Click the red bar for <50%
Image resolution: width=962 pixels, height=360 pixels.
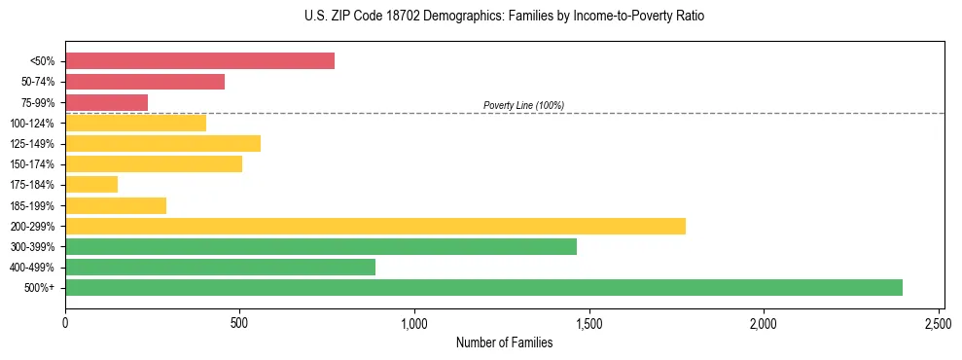(x=199, y=61)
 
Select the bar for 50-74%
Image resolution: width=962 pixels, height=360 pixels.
(x=145, y=82)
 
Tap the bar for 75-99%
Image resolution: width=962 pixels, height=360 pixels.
(x=106, y=102)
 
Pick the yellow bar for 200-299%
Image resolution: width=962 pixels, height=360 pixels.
(x=375, y=226)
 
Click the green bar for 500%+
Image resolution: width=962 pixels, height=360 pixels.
(x=483, y=287)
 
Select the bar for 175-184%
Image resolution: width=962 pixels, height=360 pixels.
(x=91, y=184)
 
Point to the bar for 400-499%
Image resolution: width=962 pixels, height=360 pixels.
(x=220, y=267)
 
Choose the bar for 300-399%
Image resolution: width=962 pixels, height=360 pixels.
(x=321, y=246)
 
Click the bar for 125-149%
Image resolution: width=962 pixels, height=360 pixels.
(x=162, y=143)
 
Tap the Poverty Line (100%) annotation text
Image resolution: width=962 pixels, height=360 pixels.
(x=523, y=105)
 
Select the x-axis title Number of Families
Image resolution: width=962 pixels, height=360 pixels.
(x=505, y=342)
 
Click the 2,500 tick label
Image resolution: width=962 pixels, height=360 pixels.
(x=938, y=322)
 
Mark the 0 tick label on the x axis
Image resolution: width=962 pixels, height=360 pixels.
(x=65, y=322)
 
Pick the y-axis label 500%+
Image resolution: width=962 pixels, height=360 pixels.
(x=41, y=288)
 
